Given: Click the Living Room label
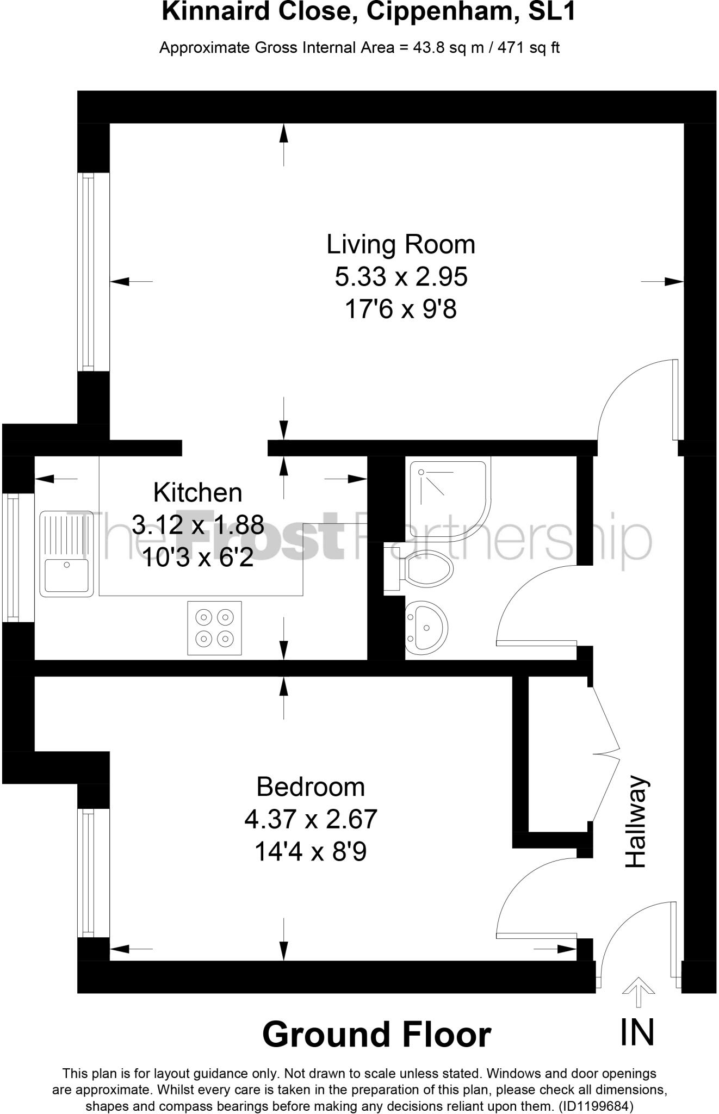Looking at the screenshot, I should (401, 244).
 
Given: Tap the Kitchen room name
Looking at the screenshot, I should (197, 493).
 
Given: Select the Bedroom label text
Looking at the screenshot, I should (311, 787).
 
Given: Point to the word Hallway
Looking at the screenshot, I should (636, 821).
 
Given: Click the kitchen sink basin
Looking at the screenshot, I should (66, 575).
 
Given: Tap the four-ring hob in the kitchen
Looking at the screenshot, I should (214, 628).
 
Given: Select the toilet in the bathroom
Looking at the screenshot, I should (427, 569).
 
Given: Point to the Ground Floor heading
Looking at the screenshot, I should (376, 1034).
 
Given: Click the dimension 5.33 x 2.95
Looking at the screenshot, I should (401, 277).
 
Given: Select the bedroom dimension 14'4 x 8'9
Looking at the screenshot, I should (311, 852).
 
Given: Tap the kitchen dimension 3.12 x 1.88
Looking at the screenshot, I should (198, 525).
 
